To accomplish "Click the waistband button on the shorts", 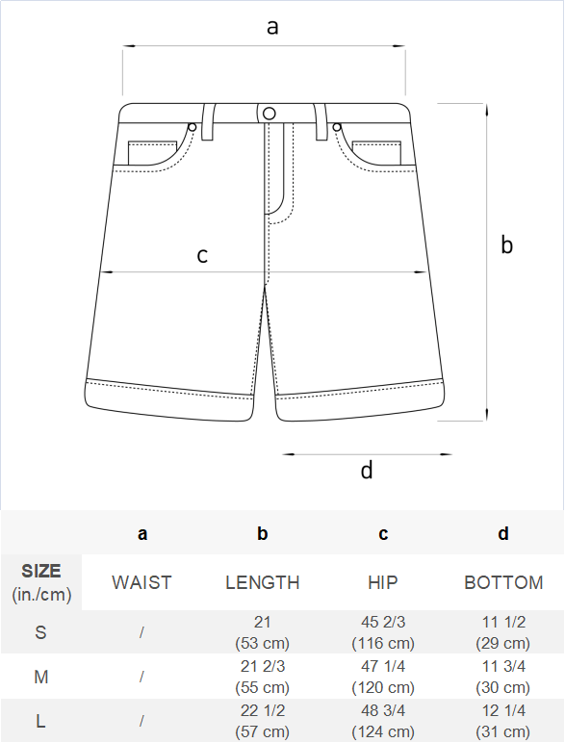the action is tap(270, 114).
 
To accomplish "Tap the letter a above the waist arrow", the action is tap(272, 27).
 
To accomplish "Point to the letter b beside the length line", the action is tap(506, 244).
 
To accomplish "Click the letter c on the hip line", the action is tap(202, 255).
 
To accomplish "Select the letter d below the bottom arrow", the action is tap(367, 470).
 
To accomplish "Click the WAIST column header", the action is tap(141, 582).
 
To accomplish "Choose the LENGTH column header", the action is tap(263, 582).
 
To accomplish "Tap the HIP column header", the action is tap(383, 582).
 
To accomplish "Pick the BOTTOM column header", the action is tap(503, 582).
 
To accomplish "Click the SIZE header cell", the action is tap(41, 582).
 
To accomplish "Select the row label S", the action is tap(40, 632).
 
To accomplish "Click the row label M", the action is tap(40, 677).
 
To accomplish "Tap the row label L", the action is tap(40, 721).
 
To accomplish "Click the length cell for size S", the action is tap(262, 632).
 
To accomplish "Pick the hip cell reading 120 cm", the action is tap(383, 677).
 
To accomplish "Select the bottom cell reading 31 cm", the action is tap(503, 721).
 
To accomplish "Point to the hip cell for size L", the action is tap(383, 721).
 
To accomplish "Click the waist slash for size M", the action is tap(141, 677).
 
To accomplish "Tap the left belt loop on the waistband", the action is tap(208, 122).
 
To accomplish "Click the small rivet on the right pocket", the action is tap(337, 127).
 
